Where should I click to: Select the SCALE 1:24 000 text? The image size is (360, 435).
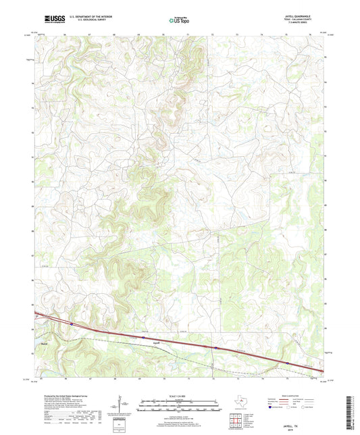(x=179, y=395)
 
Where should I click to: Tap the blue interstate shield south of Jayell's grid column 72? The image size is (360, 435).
(x=215, y=348)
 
